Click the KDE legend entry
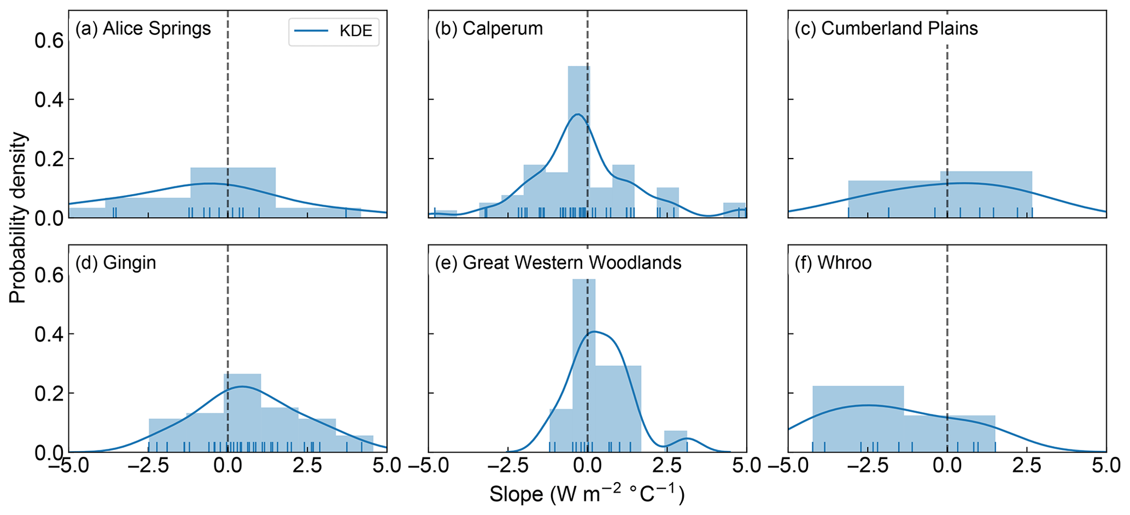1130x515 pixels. pyautogui.click(x=333, y=31)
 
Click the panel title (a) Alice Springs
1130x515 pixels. pyautogui.click(x=143, y=28)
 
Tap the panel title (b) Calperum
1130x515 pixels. pyautogui.click(x=489, y=28)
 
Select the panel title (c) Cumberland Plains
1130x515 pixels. pyautogui.click(x=886, y=28)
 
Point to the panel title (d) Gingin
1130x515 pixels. pyautogui.click(x=116, y=263)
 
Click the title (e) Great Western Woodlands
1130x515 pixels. pyautogui.click(x=558, y=263)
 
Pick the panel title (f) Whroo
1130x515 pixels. pyautogui.click(x=833, y=263)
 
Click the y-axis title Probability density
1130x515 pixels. pyautogui.click(x=17, y=218)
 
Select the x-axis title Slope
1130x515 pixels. pyautogui.click(x=587, y=495)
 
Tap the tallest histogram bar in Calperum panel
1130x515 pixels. pyautogui.click(x=579, y=142)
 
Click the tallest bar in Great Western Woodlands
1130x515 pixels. pyautogui.click(x=584, y=366)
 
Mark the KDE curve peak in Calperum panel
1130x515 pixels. pyautogui.click(x=577, y=115)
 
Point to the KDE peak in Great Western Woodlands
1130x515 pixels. pyautogui.click(x=594, y=331)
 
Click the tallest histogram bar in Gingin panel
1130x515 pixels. pyautogui.click(x=242, y=413)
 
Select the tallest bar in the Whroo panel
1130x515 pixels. pyautogui.click(x=858, y=419)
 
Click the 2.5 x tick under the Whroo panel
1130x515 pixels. pyautogui.click(x=1026, y=466)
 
